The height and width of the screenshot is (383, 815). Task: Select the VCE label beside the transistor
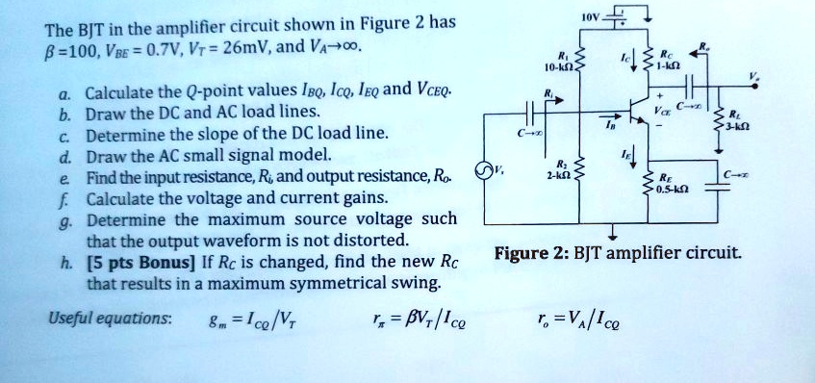(x=660, y=111)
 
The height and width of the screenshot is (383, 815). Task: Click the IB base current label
(x=607, y=123)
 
